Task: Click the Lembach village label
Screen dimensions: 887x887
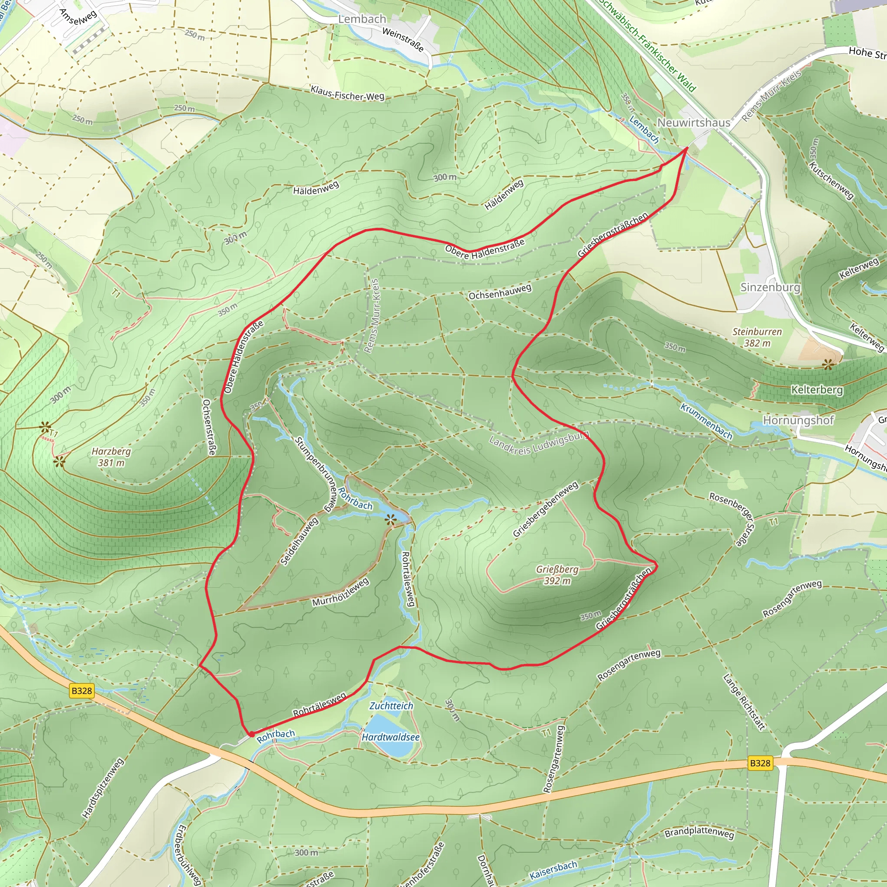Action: pyautogui.click(x=362, y=19)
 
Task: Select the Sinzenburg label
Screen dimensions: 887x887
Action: pyautogui.click(x=770, y=288)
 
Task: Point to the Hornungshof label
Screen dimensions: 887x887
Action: pyautogui.click(x=798, y=420)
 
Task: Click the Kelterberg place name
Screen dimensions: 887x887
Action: pyautogui.click(x=817, y=390)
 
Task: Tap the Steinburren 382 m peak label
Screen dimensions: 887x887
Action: pyautogui.click(x=757, y=337)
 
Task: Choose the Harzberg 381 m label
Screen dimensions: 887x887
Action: pyautogui.click(x=111, y=457)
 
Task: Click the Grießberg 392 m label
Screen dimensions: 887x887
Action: pyautogui.click(x=557, y=575)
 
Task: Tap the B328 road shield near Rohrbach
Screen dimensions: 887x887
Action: pyautogui.click(x=82, y=690)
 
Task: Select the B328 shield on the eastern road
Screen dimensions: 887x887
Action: pyautogui.click(x=760, y=763)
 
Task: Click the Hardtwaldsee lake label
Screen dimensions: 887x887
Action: pyautogui.click(x=390, y=737)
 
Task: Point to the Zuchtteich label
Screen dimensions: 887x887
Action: pyautogui.click(x=391, y=706)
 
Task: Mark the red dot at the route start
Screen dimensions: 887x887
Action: pyautogui.click(x=251, y=734)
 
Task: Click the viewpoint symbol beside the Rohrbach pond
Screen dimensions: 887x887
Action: pyautogui.click(x=390, y=520)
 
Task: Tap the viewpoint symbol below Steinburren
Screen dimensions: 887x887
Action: pyautogui.click(x=828, y=365)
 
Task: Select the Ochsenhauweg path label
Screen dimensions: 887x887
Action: pyautogui.click(x=499, y=291)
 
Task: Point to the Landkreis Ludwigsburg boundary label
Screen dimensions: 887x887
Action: pyautogui.click(x=538, y=443)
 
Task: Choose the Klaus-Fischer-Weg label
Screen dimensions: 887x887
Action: pyautogui.click(x=347, y=93)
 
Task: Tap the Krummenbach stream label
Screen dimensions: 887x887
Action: pyautogui.click(x=706, y=421)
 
